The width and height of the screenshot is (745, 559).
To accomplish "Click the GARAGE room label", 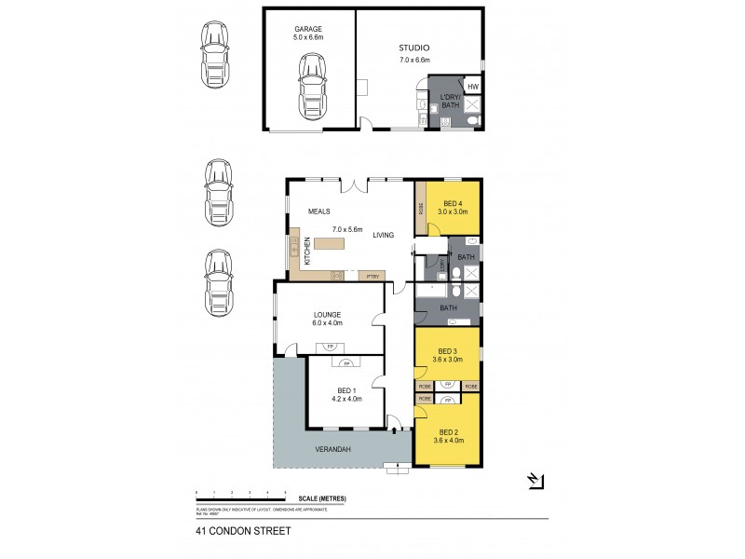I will pos(308,29).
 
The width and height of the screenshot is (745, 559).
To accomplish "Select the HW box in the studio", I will pos(472,87).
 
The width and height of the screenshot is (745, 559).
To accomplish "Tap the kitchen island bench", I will pos(330,244).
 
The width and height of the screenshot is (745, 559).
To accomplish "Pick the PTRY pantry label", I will pos(372,276).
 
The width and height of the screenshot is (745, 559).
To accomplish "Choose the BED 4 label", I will pos(454,203).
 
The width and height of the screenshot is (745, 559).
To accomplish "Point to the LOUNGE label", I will pos(327,315).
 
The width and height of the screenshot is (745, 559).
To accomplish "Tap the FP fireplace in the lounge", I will pos(327,347).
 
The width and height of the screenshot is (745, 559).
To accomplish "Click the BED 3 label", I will pos(450,350).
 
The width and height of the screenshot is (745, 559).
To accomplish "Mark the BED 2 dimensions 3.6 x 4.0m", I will pos(450,440).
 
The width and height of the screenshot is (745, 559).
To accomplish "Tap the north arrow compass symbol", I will pos(535,481).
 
